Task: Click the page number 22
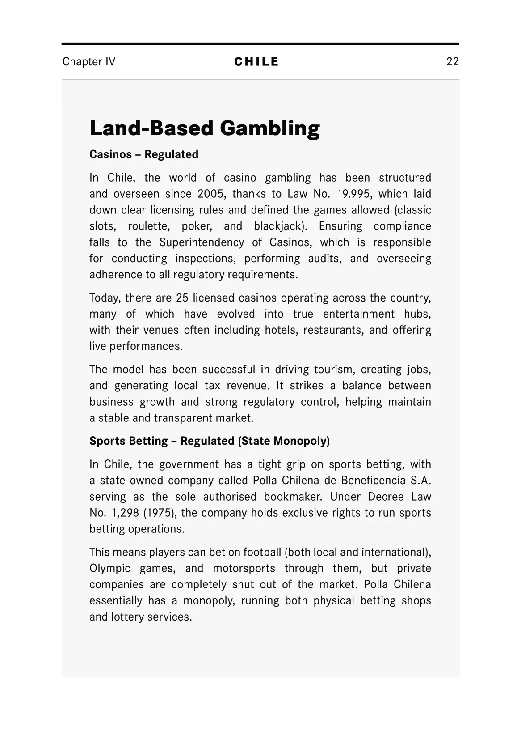[452, 61]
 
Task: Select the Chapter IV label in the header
[89, 61]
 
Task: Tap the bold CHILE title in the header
[256, 62]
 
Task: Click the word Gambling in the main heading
[269, 128]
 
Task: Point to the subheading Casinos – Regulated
[144, 154]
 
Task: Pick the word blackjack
[280, 226]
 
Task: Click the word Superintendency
[202, 242]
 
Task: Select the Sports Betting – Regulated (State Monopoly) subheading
[210, 441]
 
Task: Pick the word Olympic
[110, 568]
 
